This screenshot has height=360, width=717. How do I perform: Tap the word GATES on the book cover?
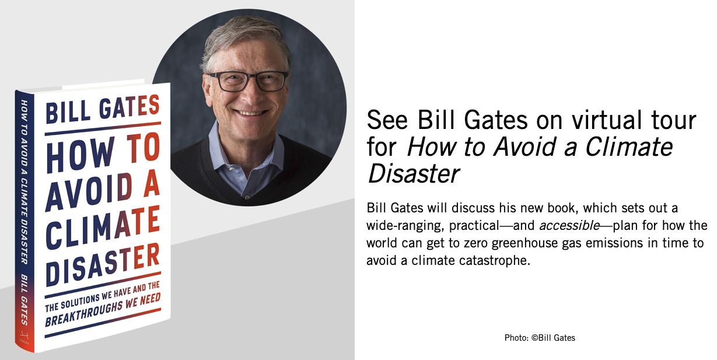(130, 106)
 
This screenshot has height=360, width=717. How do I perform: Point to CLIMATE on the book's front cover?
(103, 228)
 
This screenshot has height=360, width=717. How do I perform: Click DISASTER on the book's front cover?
(103, 265)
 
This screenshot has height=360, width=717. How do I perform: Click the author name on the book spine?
(25, 299)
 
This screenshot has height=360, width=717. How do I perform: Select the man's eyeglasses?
(249, 81)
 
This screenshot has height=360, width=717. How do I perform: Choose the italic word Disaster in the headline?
(413, 173)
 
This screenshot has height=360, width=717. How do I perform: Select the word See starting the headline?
(387, 120)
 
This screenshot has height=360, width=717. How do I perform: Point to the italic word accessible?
(569, 226)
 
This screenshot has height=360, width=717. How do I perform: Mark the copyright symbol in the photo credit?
(534, 338)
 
